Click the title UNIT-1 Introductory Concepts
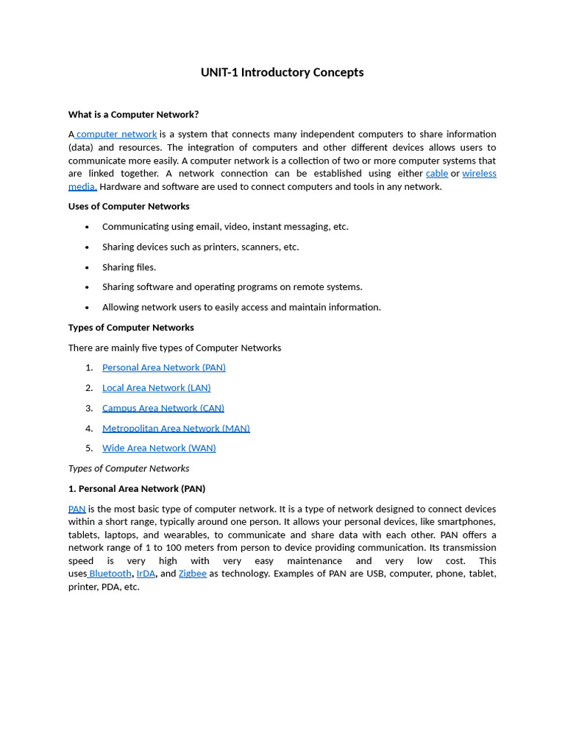click(282, 72)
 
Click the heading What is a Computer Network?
click(133, 114)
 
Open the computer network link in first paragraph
click(116, 134)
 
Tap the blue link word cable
click(436, 173)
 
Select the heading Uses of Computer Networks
click(129, 206)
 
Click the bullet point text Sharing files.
click(129, 267)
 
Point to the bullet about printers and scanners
click(200, 247)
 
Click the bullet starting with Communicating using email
click(225, 227)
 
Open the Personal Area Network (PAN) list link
click(163, 367)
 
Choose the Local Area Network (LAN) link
click(156, 387)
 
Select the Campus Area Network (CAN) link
click(163, 408)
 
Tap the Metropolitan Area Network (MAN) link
click(176, 428)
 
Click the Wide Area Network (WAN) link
click(159, 448)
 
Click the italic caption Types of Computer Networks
click(129, 468)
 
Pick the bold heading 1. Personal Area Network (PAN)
click(137, 488)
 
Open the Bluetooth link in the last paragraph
click(110, 574)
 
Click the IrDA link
click(146, 574)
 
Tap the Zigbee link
click(192, 574)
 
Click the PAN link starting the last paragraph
click(77, 509)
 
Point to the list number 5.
click(89, 448)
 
